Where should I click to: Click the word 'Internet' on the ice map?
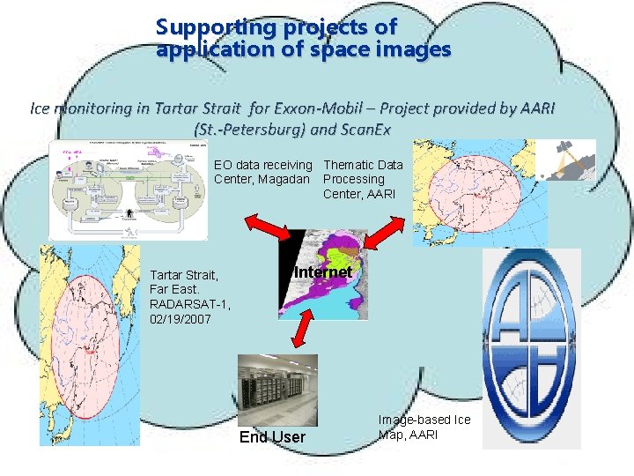click(x=323, y=272)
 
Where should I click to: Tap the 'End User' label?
click(x=272, y=437)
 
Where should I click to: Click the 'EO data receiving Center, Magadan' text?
click(x=263, y=172)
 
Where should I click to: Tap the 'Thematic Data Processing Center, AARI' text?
click(x=363, y=179)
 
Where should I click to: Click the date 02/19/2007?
click(x=181, y=318)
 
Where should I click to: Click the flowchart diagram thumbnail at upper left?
click(x=129, y=189)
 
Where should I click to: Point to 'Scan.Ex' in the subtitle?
click(x=363, y=130)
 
